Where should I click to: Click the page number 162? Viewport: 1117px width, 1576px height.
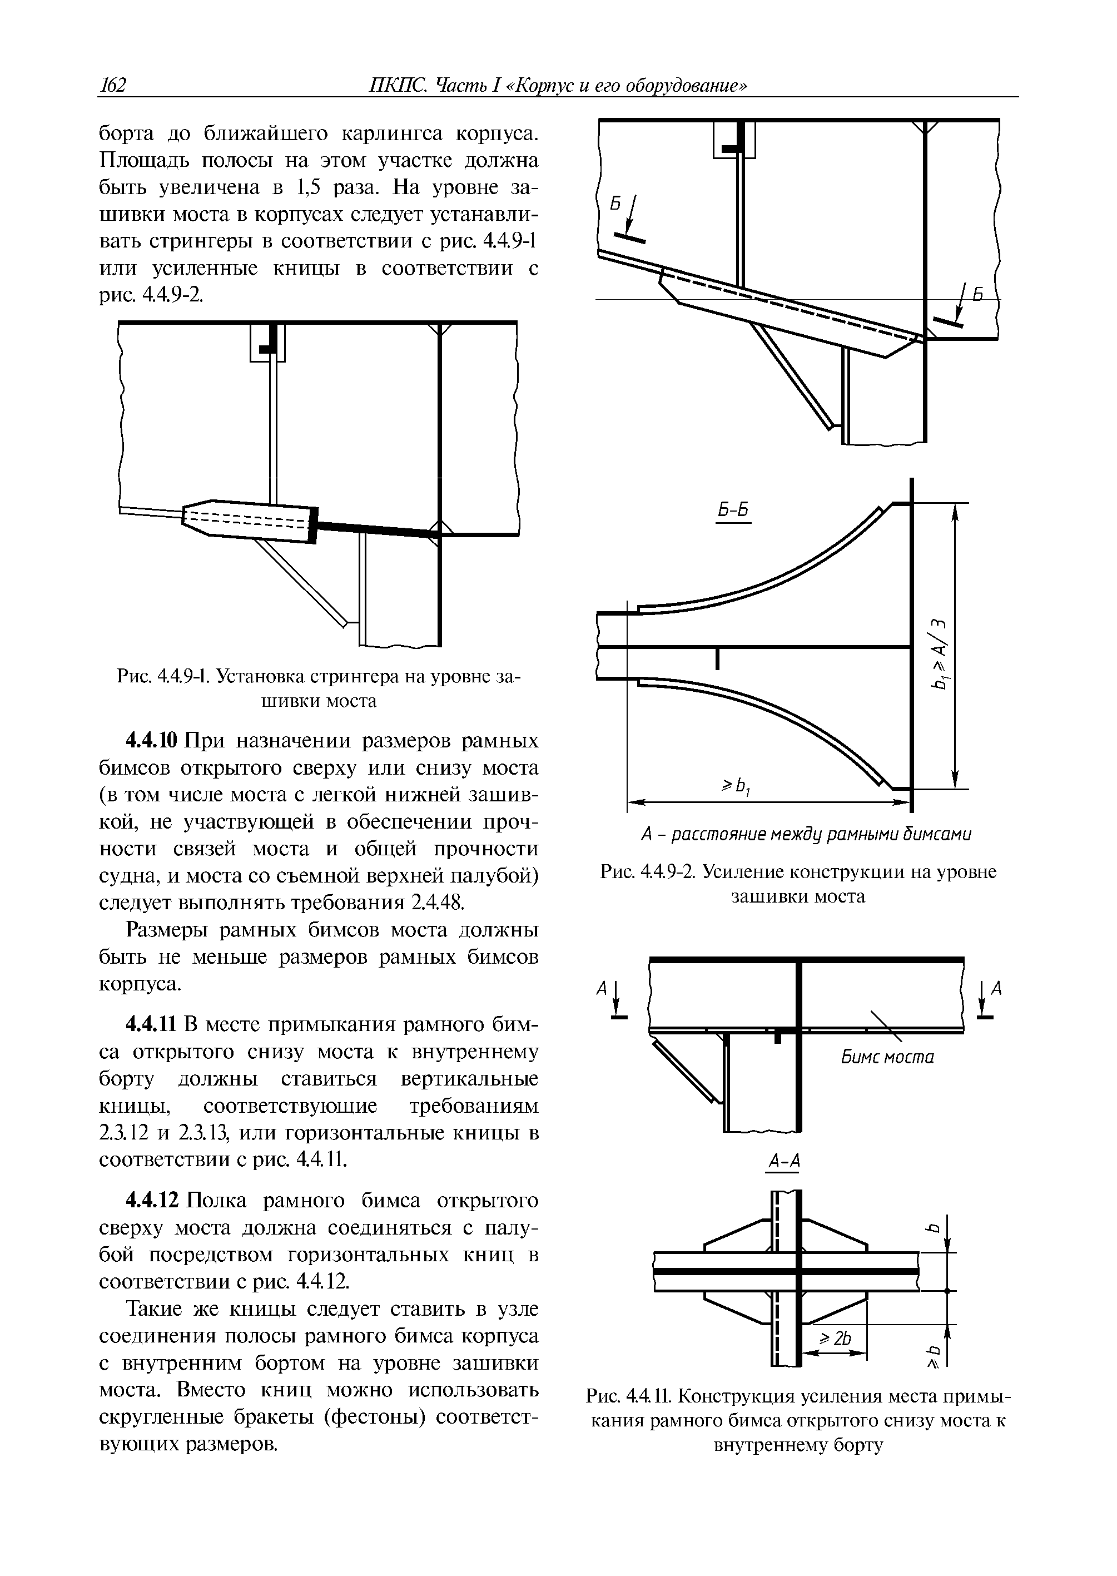coord(113,85)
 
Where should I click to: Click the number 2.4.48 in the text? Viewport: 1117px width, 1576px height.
coord(439,903)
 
